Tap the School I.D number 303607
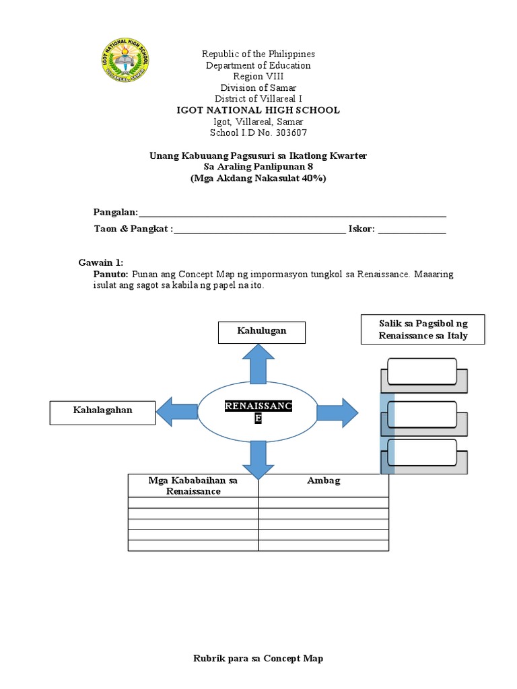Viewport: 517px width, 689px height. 287,133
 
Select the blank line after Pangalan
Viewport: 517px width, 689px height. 292,213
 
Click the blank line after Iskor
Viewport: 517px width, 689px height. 412,230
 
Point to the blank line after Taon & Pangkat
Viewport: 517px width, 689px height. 259,230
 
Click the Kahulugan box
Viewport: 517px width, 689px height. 261,332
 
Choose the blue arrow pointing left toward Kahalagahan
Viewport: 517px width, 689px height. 176,411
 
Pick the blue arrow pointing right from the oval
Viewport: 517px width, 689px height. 338,411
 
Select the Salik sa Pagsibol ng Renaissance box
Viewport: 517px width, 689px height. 423,329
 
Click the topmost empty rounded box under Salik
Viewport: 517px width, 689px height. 422,371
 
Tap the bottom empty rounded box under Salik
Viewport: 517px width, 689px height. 422,452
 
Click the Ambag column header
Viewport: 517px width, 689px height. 324,481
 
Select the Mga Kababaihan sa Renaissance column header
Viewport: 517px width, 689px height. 193,486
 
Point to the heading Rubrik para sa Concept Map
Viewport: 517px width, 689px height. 258,659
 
